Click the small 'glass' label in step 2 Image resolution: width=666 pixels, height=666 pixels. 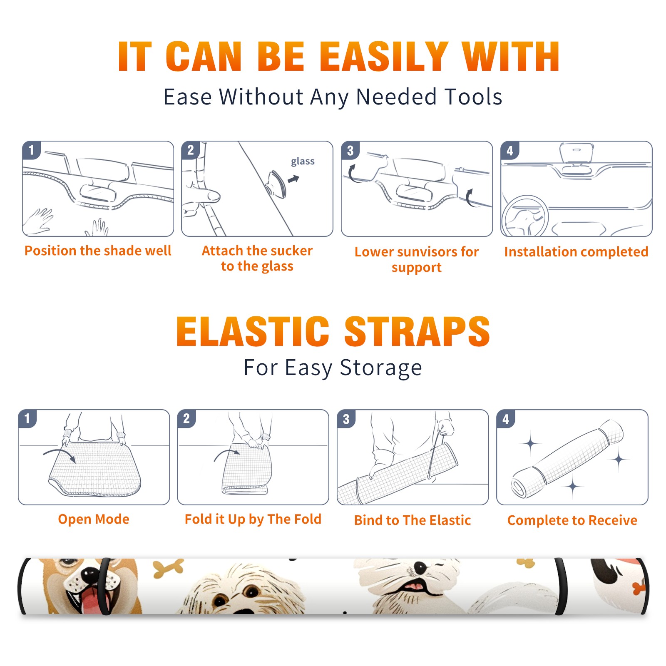pyautogui.click(x=303, y=162)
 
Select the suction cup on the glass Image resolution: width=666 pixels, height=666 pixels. pyautogui.click(x=276, y=184)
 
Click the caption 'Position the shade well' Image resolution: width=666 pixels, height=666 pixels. pyautogui.click(x=98, y=251)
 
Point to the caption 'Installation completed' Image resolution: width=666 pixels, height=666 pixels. pyautogui.click(x=576, y=252)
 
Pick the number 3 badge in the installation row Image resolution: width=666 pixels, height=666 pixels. pyautogui.click(x=350, y=150)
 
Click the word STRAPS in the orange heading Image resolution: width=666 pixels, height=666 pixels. pyautogui.click(x=417, y=331)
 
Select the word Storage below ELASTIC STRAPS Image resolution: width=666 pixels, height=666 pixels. pyautogui.click(x=381, y=368)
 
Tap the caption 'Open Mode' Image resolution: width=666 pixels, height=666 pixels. pyautogui.click(x=94, y=519)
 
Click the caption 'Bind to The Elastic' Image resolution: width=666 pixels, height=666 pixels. pyautogui.click(x=413, y=520)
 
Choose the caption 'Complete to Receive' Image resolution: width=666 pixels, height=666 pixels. pyautogui.click(x=572, y=520)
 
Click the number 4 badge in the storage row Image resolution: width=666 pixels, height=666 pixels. pyautogui.click(x=506, y=419)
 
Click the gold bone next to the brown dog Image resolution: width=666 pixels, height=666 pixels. pyautogui.click(x=168, y=569)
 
